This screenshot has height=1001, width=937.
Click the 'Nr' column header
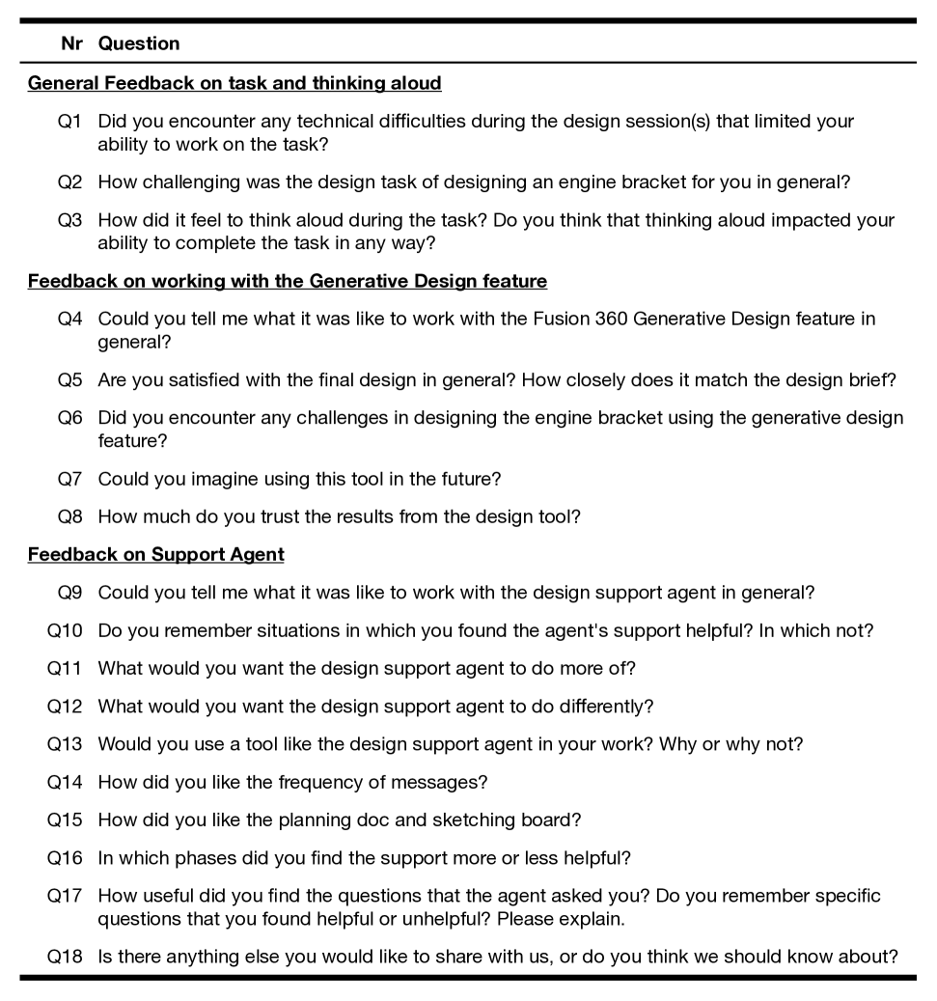click(71, 43)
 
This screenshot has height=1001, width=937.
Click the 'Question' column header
click(139, 43)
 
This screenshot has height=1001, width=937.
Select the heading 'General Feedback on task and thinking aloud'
click(234, 83)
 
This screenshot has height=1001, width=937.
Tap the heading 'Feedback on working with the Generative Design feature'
click(288, 281)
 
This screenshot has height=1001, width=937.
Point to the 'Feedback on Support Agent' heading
click(156, 554)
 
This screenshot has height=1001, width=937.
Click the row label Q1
click(69, 122)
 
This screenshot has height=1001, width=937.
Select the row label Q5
click(69, 379)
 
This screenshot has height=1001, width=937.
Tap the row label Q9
click(69, 592)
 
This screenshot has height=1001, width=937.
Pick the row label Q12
click(65, 706)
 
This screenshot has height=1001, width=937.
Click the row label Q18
click(65, 957)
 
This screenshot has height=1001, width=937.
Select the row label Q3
click(69, 220)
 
